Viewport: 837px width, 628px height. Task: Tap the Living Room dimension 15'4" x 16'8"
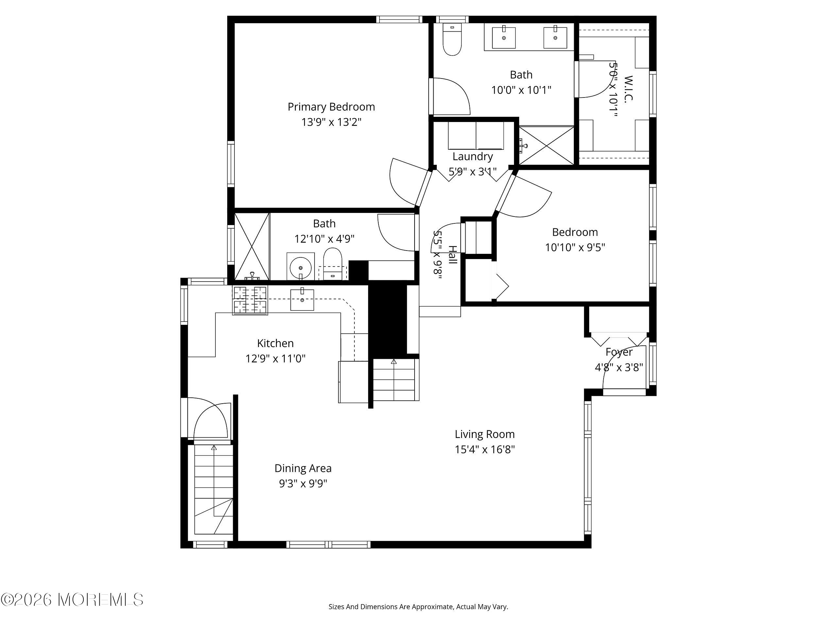click(x=485, y=450)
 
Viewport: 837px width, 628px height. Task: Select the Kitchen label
click(x=276, y=343)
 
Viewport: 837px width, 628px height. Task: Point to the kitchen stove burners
click(x=250, y=300)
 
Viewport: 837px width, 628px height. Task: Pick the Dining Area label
click(x=303, y=469)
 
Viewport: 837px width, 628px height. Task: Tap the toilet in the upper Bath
click(x=452, y=39)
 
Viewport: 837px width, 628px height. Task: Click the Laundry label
click(x=472, y=156)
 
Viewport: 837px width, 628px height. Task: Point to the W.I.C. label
click(x=628, y=89)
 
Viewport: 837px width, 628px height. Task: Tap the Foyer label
click(x=619, y=352)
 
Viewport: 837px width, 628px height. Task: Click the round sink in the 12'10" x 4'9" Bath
click(x=300, y=267)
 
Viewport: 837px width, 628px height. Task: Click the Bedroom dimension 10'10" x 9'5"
click(x=575, y=248)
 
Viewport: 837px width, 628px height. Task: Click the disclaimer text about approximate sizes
click(x=418, y=607)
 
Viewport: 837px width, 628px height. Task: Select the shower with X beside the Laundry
click(x=546, y=145)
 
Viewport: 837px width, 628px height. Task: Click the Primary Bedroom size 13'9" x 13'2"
click(x=331, y=122)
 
